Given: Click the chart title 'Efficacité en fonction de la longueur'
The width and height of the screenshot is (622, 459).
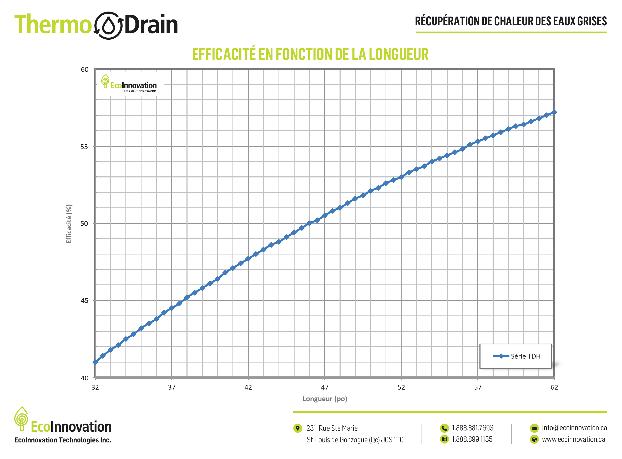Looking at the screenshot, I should [310, 54].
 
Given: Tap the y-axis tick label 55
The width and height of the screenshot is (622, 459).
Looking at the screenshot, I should [84, 147].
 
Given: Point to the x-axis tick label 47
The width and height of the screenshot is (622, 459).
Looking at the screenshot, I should [325, 387].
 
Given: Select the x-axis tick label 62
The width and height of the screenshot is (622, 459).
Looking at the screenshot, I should [554, 387].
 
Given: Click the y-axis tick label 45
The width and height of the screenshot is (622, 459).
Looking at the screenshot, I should [84, 301].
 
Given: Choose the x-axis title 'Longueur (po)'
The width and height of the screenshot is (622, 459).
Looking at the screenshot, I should [325, 399].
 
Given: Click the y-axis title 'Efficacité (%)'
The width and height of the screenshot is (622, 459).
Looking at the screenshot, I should [69, 224].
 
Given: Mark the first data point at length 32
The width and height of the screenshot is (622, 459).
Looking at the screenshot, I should [95, 362].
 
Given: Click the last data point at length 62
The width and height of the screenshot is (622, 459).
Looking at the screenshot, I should [554, 112].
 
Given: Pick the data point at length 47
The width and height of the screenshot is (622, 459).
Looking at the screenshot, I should [325, 216].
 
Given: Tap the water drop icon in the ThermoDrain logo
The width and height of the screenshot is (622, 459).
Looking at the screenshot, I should [108, 25].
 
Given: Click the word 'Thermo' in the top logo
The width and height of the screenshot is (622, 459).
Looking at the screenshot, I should [53, 25].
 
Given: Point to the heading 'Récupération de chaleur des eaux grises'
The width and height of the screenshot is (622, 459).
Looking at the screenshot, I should [511, 21].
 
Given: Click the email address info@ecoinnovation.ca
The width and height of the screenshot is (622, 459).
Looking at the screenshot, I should [574, 428].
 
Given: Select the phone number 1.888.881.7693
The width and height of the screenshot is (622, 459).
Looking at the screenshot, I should [472, 428].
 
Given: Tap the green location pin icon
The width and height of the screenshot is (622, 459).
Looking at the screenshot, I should [298, 428].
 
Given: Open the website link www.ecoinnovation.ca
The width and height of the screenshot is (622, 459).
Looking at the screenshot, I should [573, 440].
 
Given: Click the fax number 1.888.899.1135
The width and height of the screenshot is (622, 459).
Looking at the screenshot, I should [472, 440].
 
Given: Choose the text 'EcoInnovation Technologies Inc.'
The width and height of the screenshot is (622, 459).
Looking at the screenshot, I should [63, 440].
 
